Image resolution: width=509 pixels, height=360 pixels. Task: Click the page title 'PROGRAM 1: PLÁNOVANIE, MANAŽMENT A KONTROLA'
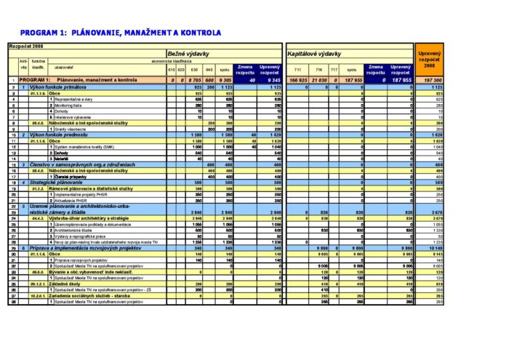click(x=121, y=33)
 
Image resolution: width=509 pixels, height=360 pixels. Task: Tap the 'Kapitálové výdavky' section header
click(x=314, y=55)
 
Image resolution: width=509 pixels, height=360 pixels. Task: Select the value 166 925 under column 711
click(x=298, y=80)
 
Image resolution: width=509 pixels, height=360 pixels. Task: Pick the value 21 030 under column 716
click(x=319, y=80)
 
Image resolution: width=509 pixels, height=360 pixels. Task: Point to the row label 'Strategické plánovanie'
click(x=58, y=182)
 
